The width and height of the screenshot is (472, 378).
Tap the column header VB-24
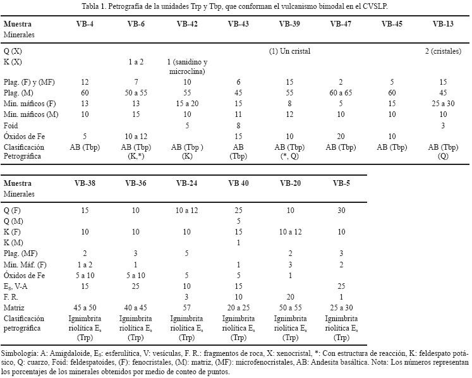point(188,183)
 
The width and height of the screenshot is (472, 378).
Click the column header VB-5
point(341,183)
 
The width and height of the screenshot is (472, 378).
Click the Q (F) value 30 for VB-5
point(341,210)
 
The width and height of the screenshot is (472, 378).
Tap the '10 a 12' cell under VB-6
point(136,136)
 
